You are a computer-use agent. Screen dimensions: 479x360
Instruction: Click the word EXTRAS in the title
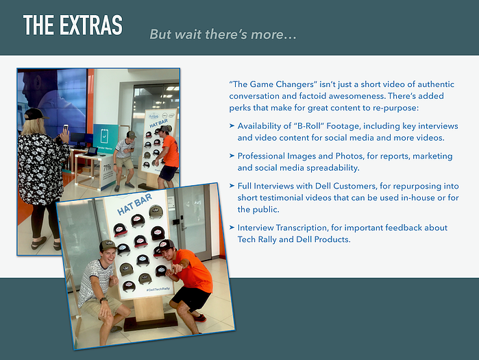click(91, 25)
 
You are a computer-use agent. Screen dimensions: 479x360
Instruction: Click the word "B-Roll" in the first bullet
click(308, 126)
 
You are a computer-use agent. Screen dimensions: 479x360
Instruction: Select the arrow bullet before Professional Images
click(232, 156)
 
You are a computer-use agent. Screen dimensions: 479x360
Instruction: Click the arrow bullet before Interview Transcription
click(232, 228)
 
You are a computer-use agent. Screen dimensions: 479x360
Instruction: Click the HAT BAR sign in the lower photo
click(134, 204)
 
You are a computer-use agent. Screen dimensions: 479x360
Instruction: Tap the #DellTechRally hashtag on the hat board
click(158, 289)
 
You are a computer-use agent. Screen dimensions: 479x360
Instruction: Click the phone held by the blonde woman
click(66, 128)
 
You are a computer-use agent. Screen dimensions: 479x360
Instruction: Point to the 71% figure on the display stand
click(107, 168)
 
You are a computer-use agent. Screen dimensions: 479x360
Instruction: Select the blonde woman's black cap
click(35, 114)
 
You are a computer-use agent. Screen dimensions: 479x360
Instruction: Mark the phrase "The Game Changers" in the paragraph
click(273, 84)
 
